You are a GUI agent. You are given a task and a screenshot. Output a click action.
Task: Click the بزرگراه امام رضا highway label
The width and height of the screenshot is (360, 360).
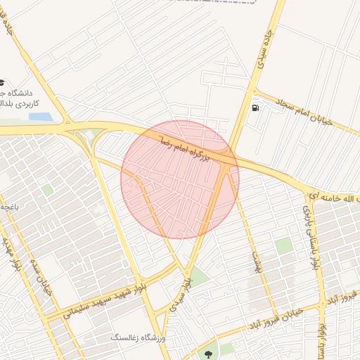tap(185, 147)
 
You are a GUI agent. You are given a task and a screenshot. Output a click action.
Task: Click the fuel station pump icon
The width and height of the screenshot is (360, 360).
tap(254, 108)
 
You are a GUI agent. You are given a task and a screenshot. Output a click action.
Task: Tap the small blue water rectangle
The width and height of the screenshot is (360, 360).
tap(41, 117)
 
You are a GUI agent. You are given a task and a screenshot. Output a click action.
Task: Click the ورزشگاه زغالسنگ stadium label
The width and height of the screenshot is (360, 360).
tap(143, 338)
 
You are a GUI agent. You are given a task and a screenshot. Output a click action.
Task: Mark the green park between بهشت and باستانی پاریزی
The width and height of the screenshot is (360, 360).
tap(284, 245)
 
